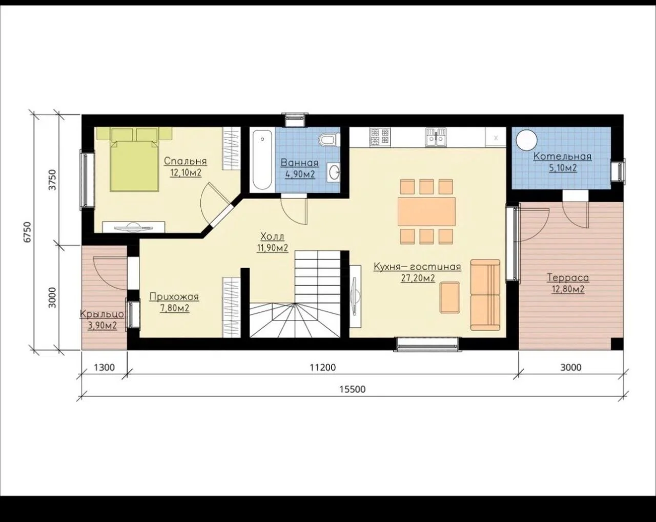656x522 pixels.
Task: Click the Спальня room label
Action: pos(186,161)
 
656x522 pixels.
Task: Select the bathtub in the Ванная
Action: pos(262,160)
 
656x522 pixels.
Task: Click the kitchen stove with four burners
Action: pos(380,137)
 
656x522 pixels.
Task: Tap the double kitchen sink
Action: pos(436,137)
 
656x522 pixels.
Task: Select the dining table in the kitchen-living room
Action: pos(426,211)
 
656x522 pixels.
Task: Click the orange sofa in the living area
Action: pos(485,295)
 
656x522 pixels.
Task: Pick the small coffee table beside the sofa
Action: pos(450,297)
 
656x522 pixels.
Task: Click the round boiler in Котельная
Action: pos(526,140)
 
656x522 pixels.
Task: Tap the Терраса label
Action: pos(568,278)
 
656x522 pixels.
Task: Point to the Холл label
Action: pos(272,236)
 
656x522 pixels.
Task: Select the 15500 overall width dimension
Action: pos(353,389)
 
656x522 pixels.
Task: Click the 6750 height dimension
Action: pos(28,232)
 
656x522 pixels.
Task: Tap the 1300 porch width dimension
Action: pos(104,367)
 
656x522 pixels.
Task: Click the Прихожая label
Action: pos(174,297)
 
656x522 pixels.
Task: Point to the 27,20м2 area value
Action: pos(418,278)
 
